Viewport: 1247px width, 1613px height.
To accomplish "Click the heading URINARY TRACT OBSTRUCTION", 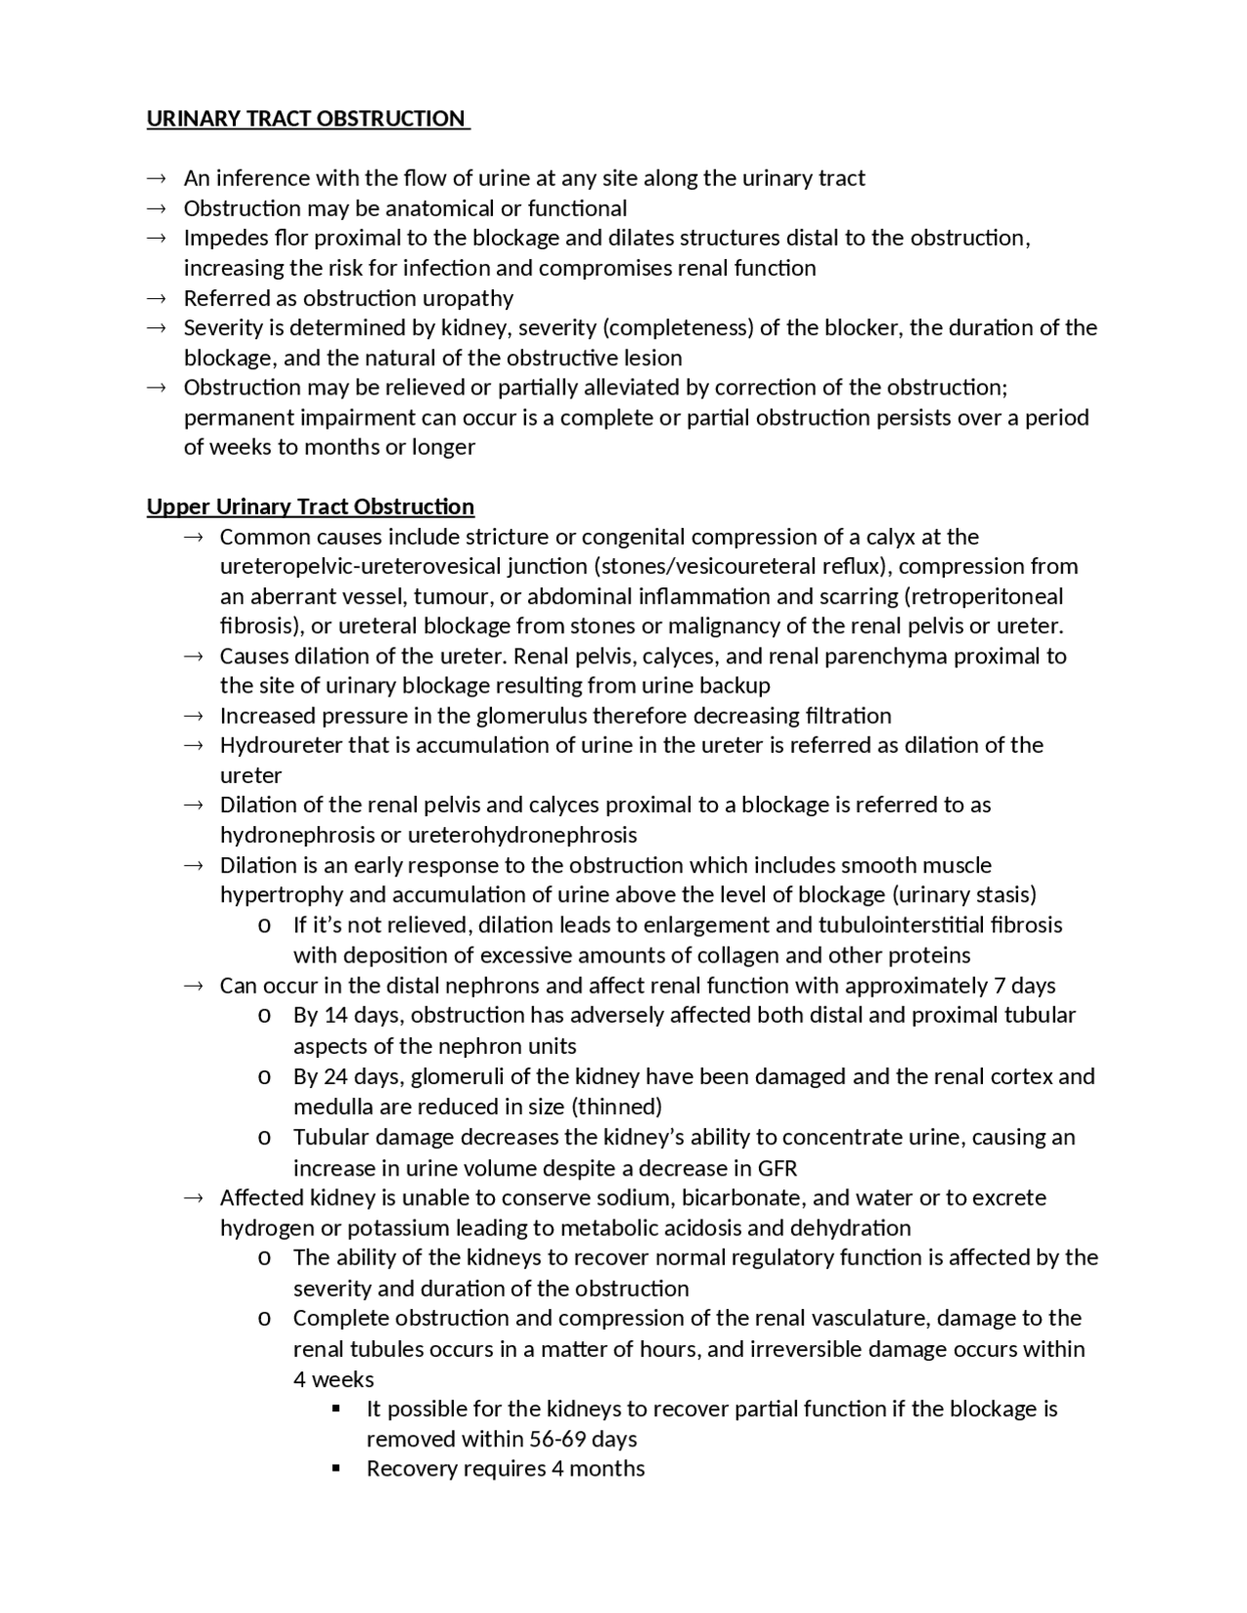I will click(x=306, y=119).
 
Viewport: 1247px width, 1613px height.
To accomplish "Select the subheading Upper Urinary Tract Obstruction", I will click(x=310, y=506).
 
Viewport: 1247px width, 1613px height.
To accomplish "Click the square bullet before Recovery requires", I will click(x=337, y=1469).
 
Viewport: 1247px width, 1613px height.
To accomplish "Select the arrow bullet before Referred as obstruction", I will click(x=157, y=298).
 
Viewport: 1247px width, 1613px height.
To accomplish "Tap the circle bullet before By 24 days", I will click(x=264, y=1077).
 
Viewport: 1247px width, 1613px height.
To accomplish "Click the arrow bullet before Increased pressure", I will click(x=193, y=716).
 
